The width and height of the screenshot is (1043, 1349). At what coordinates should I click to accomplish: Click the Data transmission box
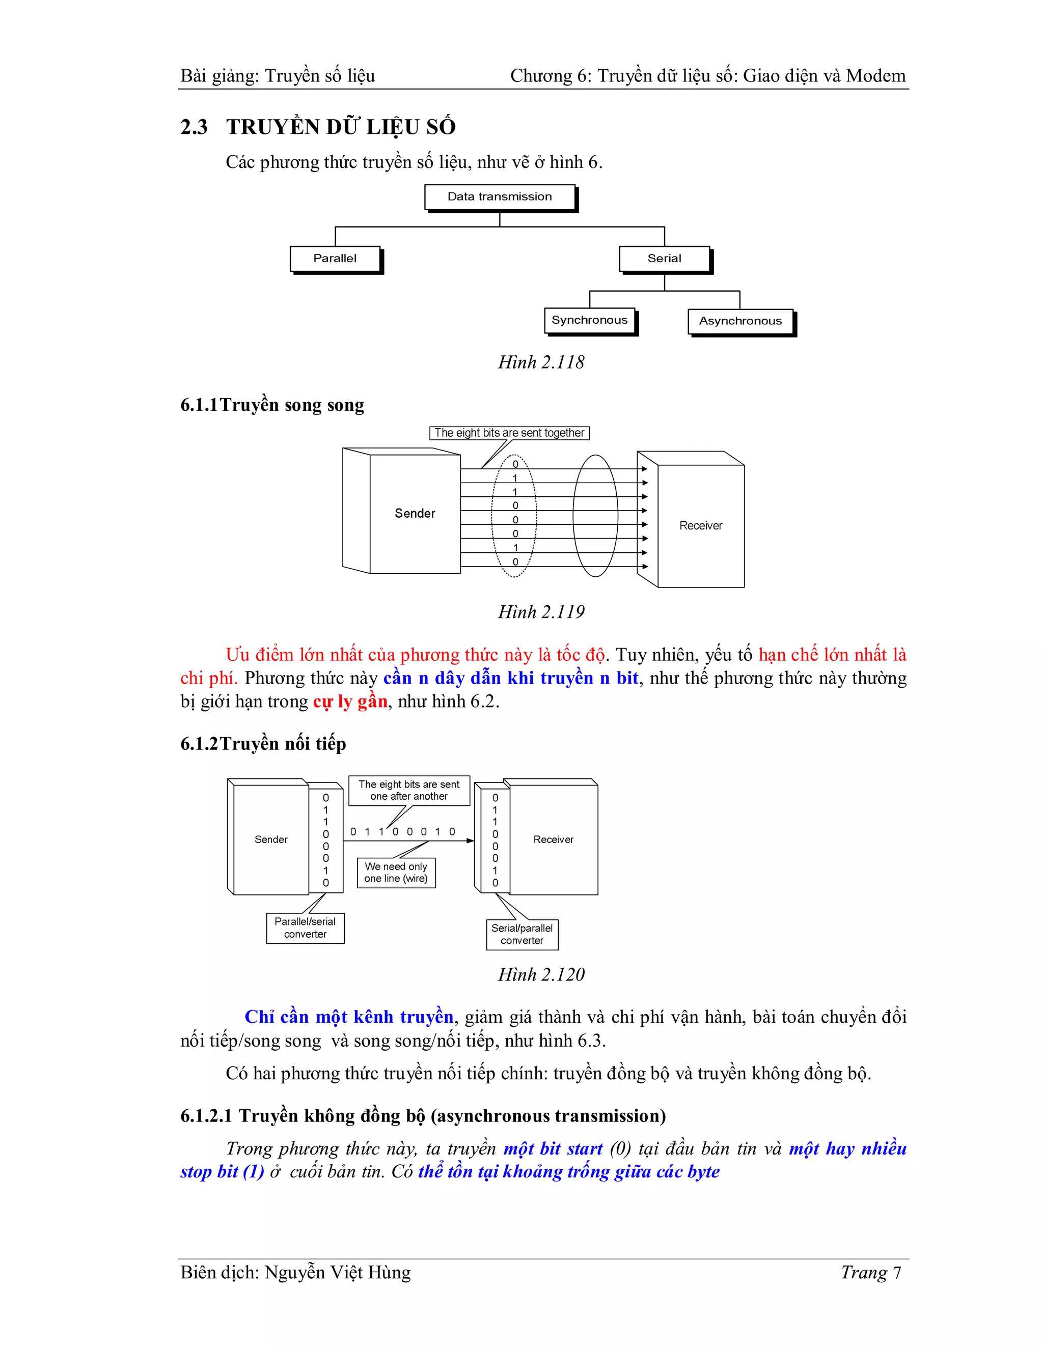500,197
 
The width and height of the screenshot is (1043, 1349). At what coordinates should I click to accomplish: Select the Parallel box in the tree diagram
335,259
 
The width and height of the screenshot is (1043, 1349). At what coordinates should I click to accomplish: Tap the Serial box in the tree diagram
664,259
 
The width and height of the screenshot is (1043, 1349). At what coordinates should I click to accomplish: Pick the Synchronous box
589,320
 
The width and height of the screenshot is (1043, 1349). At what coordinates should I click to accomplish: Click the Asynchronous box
740,321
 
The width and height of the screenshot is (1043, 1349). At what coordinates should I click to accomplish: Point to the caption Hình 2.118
541,362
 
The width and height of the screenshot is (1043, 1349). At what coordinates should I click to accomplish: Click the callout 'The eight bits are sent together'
509,433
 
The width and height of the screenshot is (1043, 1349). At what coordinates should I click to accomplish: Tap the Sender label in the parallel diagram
415,513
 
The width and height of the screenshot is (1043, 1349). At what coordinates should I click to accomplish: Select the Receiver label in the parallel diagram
701,526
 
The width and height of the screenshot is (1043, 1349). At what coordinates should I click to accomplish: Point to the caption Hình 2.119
541,612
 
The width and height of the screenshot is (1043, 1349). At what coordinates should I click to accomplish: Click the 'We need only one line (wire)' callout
396,873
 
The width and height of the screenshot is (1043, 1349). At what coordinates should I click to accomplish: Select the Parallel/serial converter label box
305,928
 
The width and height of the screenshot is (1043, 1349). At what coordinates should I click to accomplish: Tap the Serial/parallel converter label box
522,934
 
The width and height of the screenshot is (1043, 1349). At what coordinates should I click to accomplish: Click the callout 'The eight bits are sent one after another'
409,791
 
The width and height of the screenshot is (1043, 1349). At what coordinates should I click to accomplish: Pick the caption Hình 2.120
541,975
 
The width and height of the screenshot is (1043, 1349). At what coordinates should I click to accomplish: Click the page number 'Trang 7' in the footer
870,1273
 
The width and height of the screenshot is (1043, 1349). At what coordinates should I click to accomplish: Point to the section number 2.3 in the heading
194,127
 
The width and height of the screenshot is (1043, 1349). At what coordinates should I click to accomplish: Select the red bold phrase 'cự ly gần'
350,701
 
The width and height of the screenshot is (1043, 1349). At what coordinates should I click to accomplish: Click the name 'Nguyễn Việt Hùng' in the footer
337,1273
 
